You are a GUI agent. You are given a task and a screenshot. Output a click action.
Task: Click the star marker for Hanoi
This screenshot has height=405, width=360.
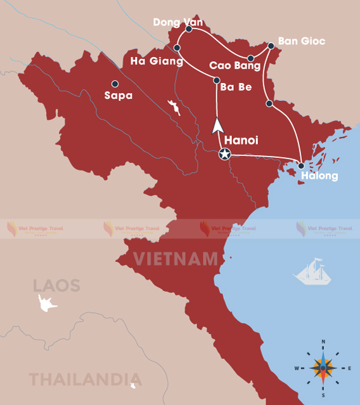pyautogui.click(x=224, y=153)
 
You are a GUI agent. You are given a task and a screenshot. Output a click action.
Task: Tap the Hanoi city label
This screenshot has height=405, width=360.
pyautogui.click(x=241, y=140)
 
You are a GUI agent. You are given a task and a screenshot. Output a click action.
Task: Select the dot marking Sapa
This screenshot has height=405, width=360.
pyautogui.click(x=115, y=84)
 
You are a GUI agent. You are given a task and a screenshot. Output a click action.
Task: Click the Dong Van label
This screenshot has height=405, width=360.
pyautogui.click(x=178, y=23)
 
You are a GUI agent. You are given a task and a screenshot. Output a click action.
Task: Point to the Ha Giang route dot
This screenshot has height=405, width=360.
pyautogui.click(x=177, y=48)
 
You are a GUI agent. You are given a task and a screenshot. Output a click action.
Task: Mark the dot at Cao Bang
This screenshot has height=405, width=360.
pyautogui.click(x=251, y=58)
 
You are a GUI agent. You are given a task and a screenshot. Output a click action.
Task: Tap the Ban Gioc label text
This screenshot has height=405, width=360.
pyautogui.click(x=302, y=41)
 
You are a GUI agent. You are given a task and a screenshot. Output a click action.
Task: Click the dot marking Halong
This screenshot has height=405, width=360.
pyautogui.click(x=301, y=166)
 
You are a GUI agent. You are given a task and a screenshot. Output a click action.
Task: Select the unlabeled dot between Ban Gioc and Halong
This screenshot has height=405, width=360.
pyautogui.click(x=269, y=103)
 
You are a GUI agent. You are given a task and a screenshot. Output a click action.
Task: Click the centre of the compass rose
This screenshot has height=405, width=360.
pyautogui.click(x=323, y=368)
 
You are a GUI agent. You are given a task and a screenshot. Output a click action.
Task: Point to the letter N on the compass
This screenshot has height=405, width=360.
pyautogui.click(x=323, y=342)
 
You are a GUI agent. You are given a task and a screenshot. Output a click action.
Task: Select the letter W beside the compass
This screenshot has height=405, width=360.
pyautogui.click(x=296, y=368)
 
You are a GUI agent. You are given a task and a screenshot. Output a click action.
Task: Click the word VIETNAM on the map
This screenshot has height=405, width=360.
pyautogui.click(x=176, y=259)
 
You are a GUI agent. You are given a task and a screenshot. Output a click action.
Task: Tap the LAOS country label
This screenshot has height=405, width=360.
pyautogui.click(x=57, y=285)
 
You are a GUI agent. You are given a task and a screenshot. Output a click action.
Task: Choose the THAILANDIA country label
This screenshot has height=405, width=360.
pyautogui.click(x=76, y=379)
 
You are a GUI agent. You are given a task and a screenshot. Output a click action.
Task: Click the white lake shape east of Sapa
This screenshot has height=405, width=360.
pyautogui.click(x=173, y=107)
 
